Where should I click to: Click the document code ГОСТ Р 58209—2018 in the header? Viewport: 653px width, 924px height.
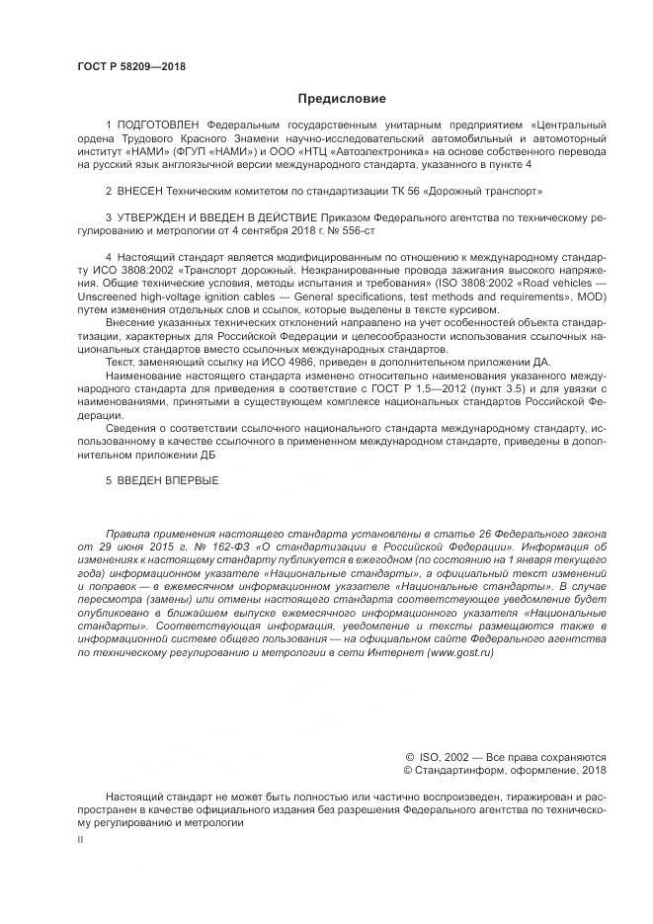pyautogui.click(x=130, y=66)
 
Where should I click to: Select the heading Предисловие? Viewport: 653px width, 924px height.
pyautogui.click(x=342, y=99)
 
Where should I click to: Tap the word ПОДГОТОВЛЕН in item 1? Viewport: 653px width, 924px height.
pyautogui.click(x=157, y=125)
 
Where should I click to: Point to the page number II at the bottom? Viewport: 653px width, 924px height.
pyautogui.click(x=80, y=838)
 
